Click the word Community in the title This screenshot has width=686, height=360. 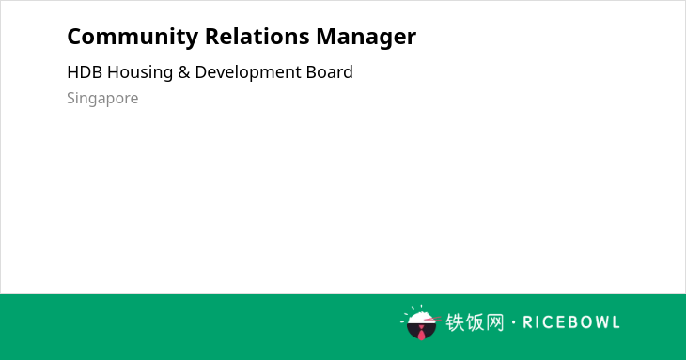(133, 38)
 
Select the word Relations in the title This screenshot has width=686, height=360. (257, 37)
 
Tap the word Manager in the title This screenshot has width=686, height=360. (366, 38)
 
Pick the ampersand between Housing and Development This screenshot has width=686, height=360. (184, 72)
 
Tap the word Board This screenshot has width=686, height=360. (330, 72)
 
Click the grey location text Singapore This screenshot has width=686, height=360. (102, 99)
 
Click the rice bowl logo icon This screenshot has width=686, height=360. (420, 322)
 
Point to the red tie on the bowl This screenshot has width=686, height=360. (421, 333)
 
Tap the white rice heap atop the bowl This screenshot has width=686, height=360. (421, 317)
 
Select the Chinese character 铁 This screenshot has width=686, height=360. (455, 322)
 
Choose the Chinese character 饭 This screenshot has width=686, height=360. (475, 322)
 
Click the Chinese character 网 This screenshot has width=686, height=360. (495, 322)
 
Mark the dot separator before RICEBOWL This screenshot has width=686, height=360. (514, 322)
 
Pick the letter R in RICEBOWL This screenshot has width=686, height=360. (527, 322)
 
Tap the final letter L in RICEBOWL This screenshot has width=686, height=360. (616, 322)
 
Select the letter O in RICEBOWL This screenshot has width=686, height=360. (580, 322)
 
